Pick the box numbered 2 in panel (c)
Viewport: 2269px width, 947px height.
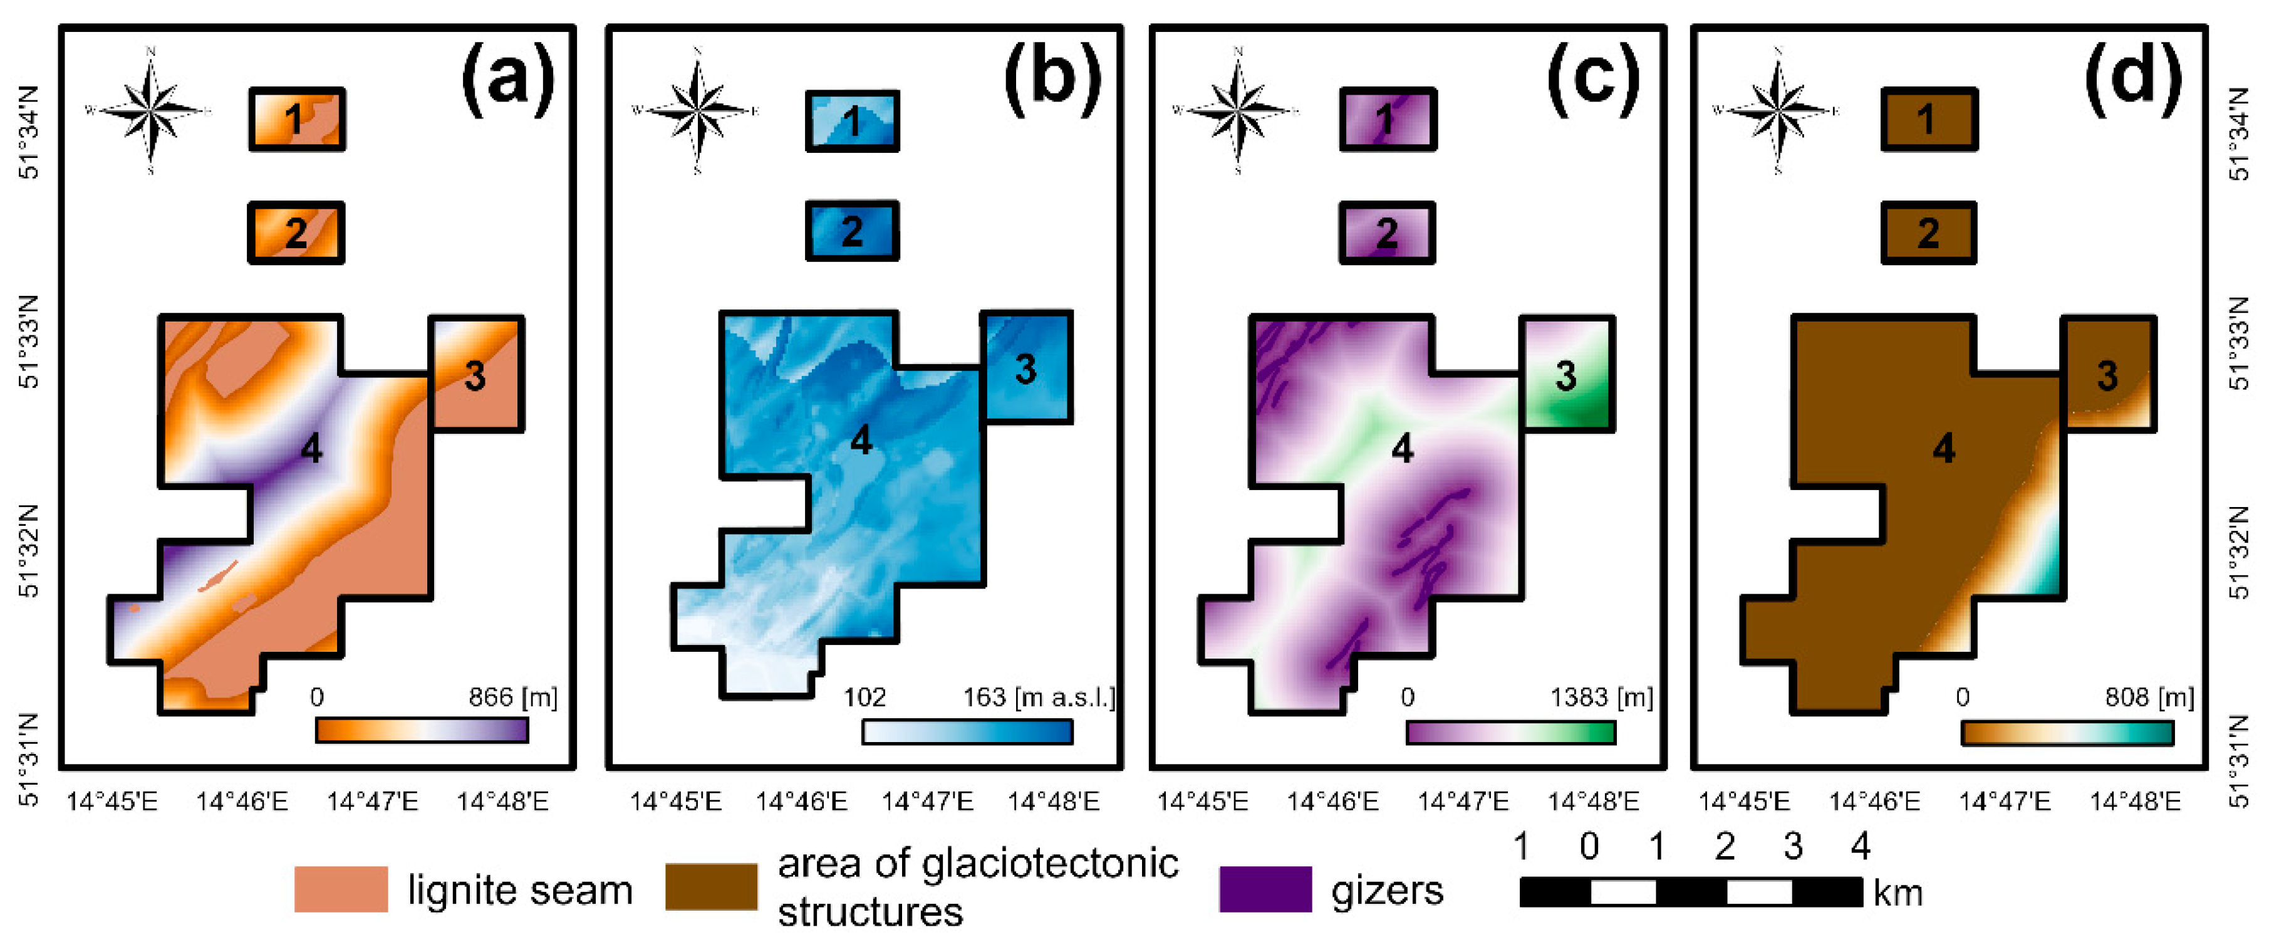(1388, 233)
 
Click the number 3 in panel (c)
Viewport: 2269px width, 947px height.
(1565, 376)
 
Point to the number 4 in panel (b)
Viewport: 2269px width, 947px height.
(861, 439)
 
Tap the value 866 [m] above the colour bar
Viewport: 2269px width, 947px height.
(512, 697)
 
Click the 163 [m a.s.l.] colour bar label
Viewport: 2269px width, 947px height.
(1039, 697)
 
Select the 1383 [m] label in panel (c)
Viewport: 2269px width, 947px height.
(1601, 697)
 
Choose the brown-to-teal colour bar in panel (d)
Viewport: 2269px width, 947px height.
(2067, 732)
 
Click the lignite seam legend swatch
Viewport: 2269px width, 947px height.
(341, 889)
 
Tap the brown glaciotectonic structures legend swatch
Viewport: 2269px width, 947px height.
(711, 886)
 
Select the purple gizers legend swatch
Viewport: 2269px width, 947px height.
(1265, 889)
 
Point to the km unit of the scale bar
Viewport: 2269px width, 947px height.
(1898, 893)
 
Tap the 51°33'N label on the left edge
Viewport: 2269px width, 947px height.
(29, 342)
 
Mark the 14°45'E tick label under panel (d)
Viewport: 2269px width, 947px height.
(1743, 801)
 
